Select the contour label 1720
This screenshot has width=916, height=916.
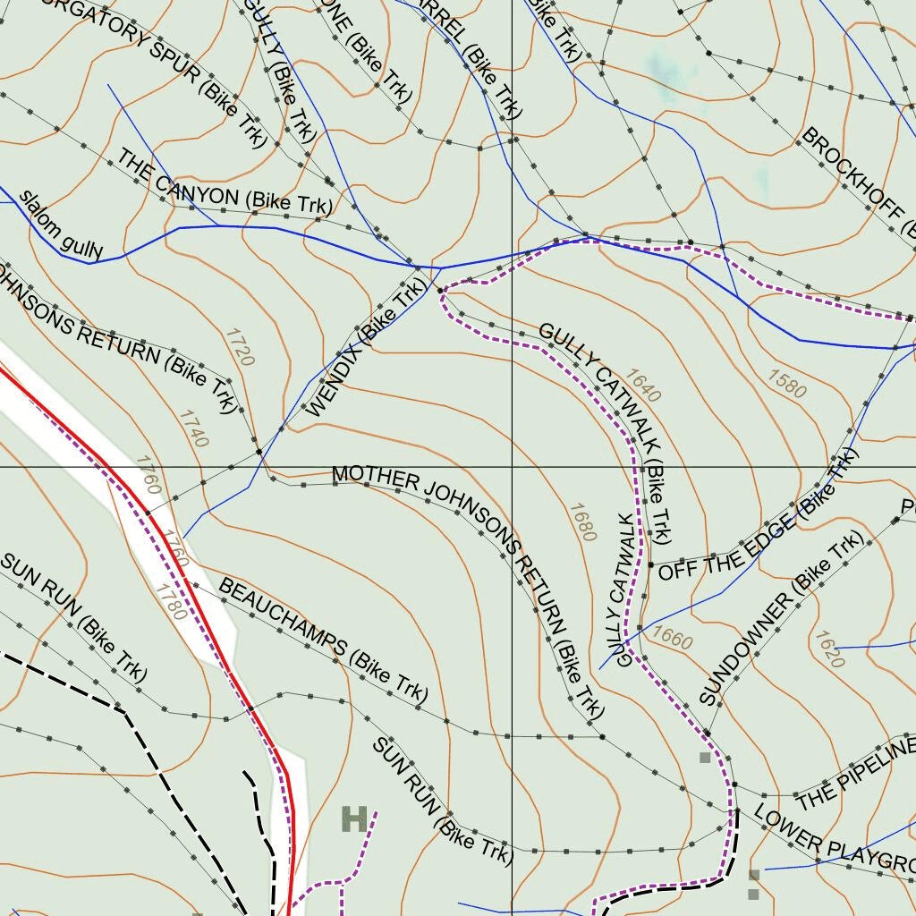point(240,348)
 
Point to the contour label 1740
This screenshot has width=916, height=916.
point(193,428)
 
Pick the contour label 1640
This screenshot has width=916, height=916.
point(642,386)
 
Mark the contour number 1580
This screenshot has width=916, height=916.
point(786,382)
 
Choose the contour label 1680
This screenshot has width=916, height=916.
point(581,522)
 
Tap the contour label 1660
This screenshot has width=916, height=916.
point(672,637)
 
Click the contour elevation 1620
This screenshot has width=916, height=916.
point(828,649)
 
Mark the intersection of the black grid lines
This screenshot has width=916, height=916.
point(512,467)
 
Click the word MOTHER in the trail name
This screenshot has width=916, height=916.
point(375,479)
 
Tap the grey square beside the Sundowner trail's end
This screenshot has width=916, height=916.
point(705,758)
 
